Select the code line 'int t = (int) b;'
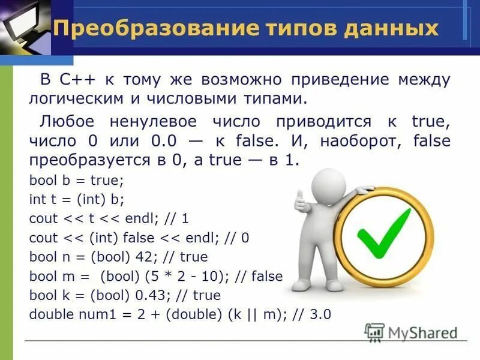[x=77, y=199]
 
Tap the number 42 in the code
[x=146, y=257]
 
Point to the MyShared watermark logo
[x=410, y=332]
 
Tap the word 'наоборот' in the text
[x=353, y=142]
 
